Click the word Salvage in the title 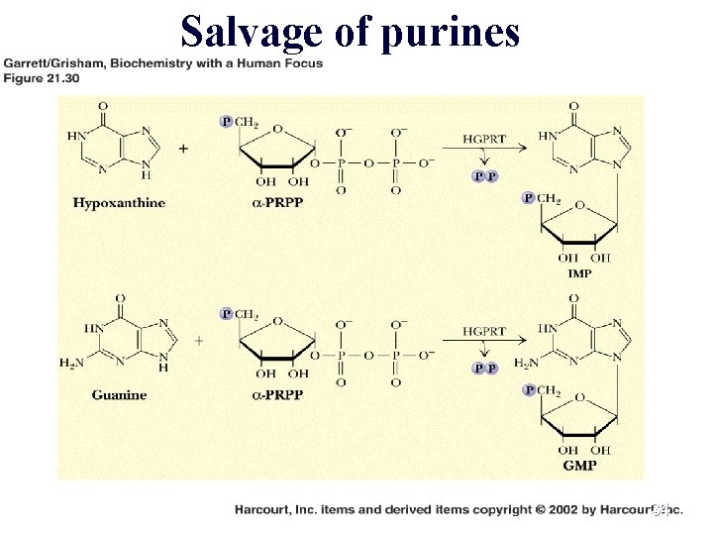(252, 33)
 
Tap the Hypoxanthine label (119, 203)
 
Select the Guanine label (119, 394)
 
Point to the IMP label (580, 272)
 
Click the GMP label (580, 465)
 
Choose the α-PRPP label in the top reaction (278, 203)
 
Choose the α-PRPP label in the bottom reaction (278, 394)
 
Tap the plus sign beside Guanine (199, 340)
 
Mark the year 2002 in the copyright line (566, 509)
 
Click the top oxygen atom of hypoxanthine (103, 105)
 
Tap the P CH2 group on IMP (542, 199)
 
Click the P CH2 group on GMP (542, 391)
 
